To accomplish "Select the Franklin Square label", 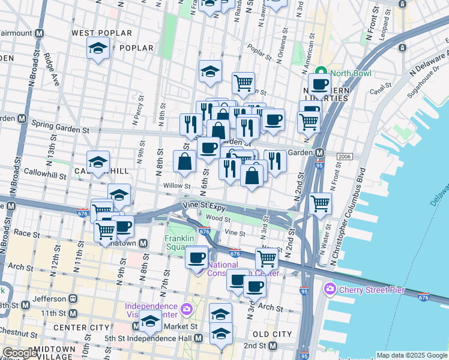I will point(179,243).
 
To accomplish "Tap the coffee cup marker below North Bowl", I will point(319,85).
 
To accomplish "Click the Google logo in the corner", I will point(20,353).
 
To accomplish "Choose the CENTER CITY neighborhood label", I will point(82,328).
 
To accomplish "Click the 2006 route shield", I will point(344,157).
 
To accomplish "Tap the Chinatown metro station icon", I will point(143,243).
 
